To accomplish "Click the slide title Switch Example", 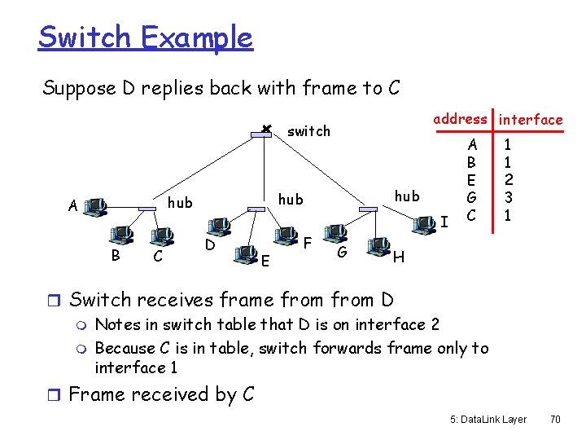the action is [145, 37].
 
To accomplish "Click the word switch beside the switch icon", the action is [309, 130].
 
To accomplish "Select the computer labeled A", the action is [96, 204].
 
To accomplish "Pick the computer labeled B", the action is [123, 236].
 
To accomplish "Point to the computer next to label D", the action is [219, 226].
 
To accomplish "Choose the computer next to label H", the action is [378, 247].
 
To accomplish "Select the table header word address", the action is [460, 119].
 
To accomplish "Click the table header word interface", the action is [531, 120].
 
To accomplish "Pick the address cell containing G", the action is [470, 197].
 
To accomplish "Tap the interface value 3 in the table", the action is [507, 197].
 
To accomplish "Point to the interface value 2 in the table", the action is [507, 179].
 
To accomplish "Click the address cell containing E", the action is [470, 179].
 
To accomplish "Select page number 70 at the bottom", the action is [556, 420].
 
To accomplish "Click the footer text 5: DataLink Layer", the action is [488, 420].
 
